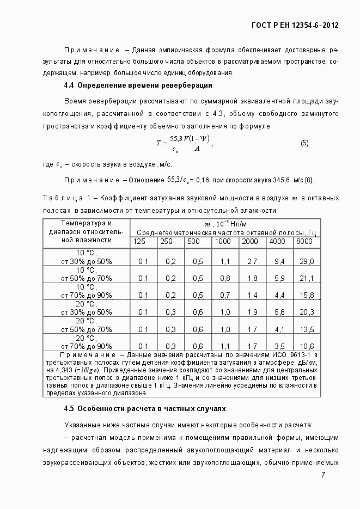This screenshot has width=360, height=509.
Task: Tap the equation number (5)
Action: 304,143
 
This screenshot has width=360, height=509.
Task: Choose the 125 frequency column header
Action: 139,241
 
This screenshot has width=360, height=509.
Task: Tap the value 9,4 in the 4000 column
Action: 279,261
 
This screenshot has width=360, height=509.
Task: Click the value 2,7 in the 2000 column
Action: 252,261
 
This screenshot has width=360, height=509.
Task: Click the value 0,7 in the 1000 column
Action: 225,295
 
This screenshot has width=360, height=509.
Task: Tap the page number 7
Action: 323,475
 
